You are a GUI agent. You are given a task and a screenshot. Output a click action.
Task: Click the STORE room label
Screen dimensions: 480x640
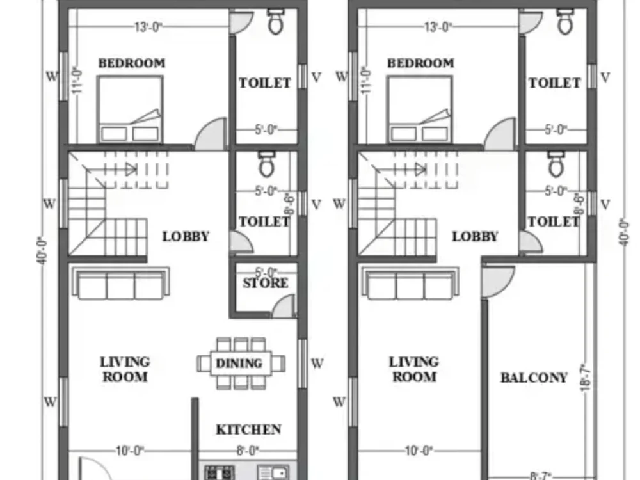click(x=265, y=283)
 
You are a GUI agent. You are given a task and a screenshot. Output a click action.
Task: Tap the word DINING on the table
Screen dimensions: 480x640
click(x=239, y=363)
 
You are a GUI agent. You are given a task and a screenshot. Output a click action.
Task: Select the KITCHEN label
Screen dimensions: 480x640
click(x=248, y=429)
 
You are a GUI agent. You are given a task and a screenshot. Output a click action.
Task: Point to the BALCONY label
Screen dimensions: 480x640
click(x=534, y=378)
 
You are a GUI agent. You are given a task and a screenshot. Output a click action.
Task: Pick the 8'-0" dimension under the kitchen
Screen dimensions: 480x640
click(x=246, y=451)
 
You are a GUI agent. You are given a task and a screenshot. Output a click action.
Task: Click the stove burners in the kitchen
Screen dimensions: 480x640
click(x=219, y=473)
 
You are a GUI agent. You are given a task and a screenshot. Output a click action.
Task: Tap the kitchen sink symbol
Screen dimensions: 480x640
click(x=273, y=473)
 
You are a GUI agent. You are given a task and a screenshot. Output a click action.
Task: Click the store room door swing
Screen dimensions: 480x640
click(x=284, y=306)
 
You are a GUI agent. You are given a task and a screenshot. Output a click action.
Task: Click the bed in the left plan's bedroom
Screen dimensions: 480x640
click(x=130, y=109)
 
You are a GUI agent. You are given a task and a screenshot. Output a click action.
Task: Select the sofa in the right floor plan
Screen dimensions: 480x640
click(x=410, y=283)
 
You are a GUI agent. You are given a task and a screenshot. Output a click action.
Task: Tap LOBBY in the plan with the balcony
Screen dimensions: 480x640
click(x=475, y=236)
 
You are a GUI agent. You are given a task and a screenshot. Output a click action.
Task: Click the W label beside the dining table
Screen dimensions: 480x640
click(x=317, y=364)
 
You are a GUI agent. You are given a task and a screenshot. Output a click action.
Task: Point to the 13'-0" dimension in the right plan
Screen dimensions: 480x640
click(x=438, y=27)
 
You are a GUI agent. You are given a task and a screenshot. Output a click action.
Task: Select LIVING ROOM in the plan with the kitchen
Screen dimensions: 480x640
click(x=125, y=369)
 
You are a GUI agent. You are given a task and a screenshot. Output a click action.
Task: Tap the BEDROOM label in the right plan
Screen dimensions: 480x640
click(x=420, y=63)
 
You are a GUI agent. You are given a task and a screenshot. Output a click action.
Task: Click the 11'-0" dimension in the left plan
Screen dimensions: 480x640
click(x=77, y=81)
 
